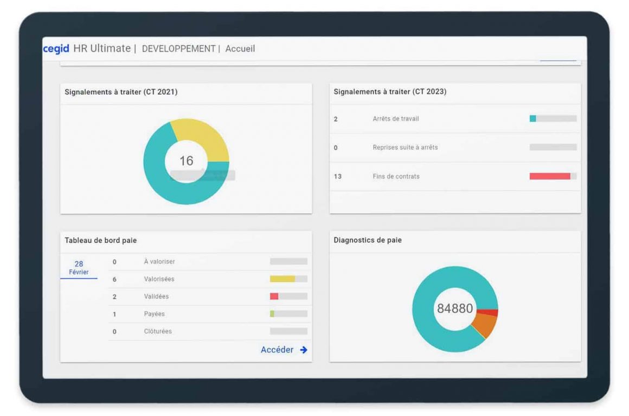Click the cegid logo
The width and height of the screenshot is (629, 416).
pos(57,48)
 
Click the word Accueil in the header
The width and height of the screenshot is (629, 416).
pos(240,49)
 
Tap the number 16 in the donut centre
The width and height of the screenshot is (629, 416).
pos(186,161)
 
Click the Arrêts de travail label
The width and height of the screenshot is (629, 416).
pos(395,119)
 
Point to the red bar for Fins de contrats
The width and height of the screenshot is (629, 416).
pos(549,177)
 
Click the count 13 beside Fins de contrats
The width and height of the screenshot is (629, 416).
pos(337,177)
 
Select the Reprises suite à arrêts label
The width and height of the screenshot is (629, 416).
pos(405,148)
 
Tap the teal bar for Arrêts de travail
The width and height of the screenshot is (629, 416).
pos(532,119)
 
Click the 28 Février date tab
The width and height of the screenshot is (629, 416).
pos(79,267)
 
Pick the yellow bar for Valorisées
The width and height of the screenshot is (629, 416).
pos(283,279)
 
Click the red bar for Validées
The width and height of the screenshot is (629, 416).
pos(274,297)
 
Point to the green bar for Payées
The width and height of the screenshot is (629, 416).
pos(272,314)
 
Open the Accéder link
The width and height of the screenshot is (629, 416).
pos(284,350)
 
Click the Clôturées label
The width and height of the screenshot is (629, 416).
pos(158,331)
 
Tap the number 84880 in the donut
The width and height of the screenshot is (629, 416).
pos(455,308)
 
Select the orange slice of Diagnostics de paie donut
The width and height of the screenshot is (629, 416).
pos(485,325)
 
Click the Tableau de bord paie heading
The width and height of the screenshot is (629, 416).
pos(101,240)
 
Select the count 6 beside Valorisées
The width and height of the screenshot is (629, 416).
pos(114,279)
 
